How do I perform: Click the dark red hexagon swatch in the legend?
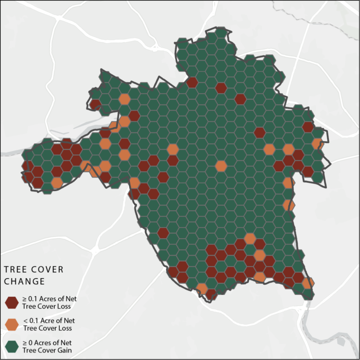point(11,302)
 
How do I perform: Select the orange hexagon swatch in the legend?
point(11,324)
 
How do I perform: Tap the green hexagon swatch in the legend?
point(11,346)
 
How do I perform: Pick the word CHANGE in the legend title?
point(24,282)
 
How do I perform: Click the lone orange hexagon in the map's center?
point(221,166)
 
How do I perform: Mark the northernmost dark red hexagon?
point(192,82)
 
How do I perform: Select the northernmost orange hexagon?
point(124,99)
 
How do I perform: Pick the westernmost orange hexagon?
point(57,182)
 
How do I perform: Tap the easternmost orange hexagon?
point(318,144)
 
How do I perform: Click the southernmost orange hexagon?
point(202,288)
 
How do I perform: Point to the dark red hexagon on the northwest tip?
point(95,104)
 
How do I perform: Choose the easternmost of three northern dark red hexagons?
point(240,99)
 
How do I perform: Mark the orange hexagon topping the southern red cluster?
point(250,239)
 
